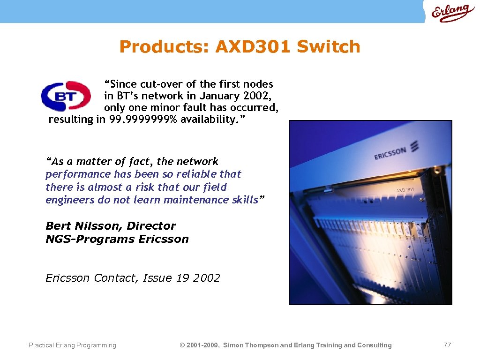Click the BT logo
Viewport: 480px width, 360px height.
click(66, 96)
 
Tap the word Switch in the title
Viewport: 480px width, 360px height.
click(329, 47)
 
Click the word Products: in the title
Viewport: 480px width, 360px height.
click(165, 47)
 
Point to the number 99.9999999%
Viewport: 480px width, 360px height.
click(143, 120)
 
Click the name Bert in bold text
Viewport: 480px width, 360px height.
click(58, 226)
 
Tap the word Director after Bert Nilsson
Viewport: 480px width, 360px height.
click(151, 226)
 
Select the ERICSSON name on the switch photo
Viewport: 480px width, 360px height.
click(390, 153)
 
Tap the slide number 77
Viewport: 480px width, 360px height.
click(447, 345)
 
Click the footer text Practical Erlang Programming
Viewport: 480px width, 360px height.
click(72, 345)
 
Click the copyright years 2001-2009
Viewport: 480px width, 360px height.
click(202, 345)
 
